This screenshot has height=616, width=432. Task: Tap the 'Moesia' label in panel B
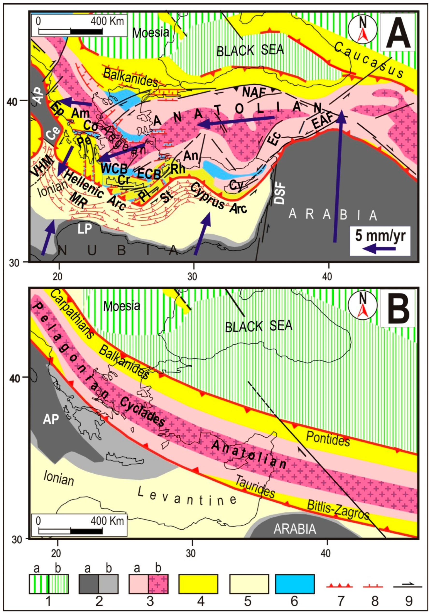[x=122, y=306]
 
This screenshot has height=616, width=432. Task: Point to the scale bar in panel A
[x=71, y=31]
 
